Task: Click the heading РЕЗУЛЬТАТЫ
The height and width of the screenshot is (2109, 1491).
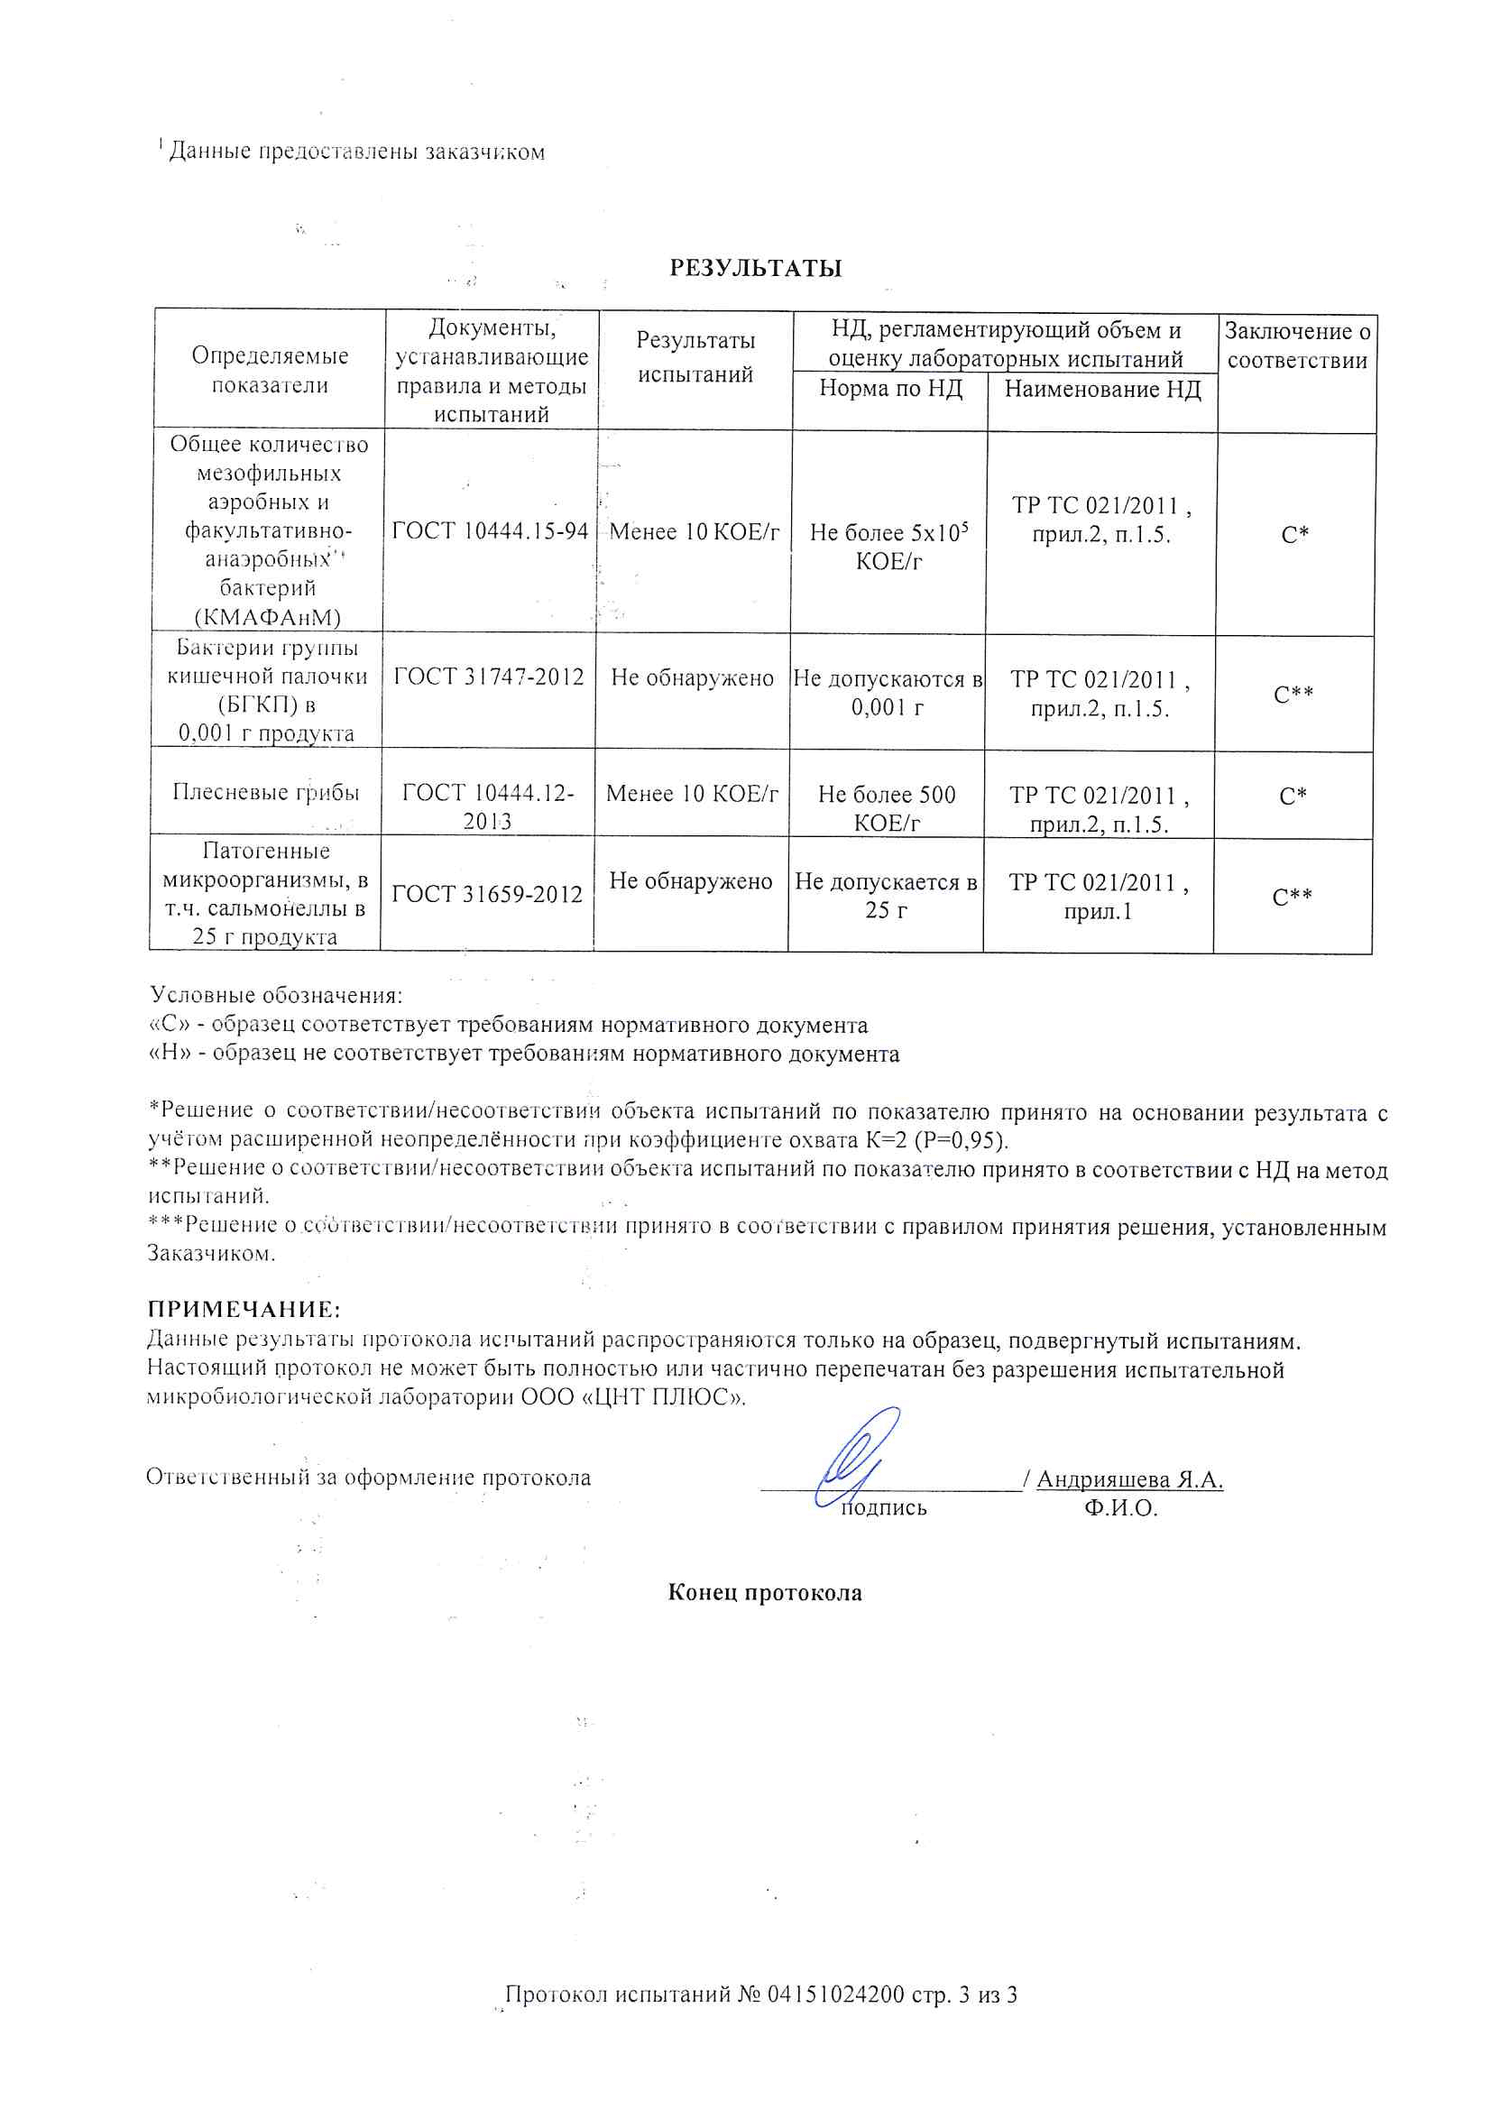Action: [755, 268]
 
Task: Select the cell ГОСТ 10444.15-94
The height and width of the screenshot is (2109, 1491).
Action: [490, 531]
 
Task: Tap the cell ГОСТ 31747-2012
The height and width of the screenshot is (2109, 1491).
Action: [489, 677]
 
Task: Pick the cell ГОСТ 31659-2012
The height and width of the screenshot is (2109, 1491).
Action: [487, 894]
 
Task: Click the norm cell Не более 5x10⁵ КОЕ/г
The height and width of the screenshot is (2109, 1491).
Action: [888, 546]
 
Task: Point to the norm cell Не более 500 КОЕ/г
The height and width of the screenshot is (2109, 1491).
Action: [887, 807]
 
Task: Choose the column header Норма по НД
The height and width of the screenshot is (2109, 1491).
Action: [890, 389]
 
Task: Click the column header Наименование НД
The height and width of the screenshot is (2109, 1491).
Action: [1102, 390]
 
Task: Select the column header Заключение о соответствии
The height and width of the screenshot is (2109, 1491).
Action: [1297, 345]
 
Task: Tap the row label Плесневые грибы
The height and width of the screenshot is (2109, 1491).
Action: [265, 792]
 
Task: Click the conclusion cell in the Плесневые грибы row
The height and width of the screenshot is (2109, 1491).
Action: [1293, 796]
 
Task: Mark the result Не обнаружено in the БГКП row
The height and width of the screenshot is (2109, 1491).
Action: [692, 678]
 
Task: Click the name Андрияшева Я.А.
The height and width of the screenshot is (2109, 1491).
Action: [1129, 1479]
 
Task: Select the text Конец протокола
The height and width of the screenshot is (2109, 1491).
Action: [764, 1593]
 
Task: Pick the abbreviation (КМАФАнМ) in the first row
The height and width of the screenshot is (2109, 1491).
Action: [267, 617]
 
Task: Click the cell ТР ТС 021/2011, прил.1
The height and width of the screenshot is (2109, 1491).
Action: [1098, 897]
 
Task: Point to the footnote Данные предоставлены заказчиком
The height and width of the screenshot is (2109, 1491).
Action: [355, 152]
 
